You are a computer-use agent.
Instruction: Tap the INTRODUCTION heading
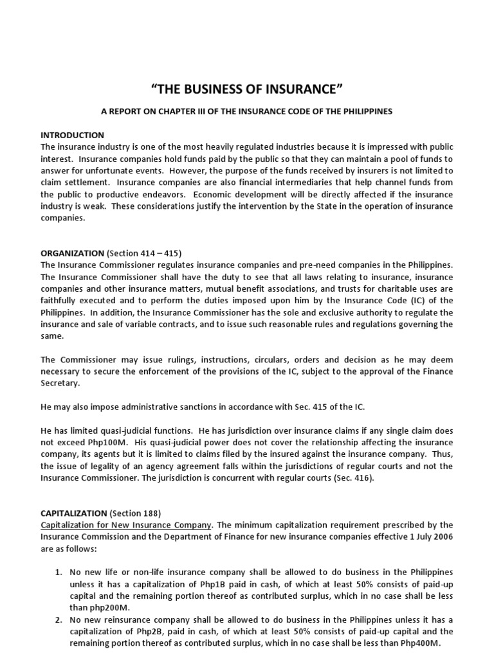(x=72, y=136)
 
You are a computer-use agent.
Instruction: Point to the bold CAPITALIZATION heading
(x=74, y=513)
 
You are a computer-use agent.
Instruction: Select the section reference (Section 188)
(x=137, y=513)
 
